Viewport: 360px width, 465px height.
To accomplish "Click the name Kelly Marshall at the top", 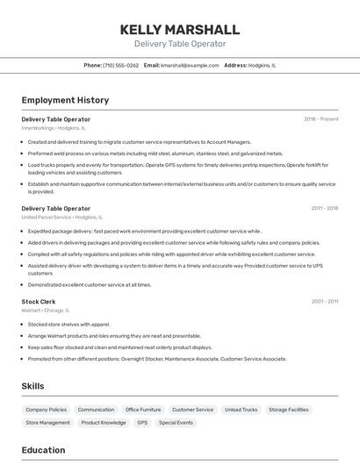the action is (179, 29).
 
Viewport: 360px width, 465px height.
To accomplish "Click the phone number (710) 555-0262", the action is (120, 65).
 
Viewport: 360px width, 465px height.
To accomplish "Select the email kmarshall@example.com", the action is (190, 65).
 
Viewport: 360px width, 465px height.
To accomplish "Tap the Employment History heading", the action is (65, 101).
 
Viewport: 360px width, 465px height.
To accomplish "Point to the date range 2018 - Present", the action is (320, 119).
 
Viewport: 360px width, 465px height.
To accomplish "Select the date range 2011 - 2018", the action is (324, 209).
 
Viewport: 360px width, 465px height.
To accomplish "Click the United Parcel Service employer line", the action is (61, 217).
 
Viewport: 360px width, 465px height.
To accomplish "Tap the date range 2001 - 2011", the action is (324, 302).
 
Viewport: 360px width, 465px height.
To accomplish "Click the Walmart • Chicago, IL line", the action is (46, 311).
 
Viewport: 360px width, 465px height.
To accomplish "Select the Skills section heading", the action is (33, 386).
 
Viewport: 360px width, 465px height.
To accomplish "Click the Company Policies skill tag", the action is (46, 410).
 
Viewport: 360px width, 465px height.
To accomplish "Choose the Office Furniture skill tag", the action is (143, 410).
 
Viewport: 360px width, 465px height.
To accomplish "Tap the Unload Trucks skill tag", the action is (241, 410).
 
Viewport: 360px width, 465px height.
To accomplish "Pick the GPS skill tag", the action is (141, 423).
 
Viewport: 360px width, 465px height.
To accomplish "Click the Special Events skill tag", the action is (176, 423).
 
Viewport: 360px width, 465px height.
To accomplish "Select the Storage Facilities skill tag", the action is (288, 410).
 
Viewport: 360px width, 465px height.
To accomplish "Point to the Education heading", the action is (44, 450).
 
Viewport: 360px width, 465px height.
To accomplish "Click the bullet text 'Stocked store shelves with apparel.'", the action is (68, 324).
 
